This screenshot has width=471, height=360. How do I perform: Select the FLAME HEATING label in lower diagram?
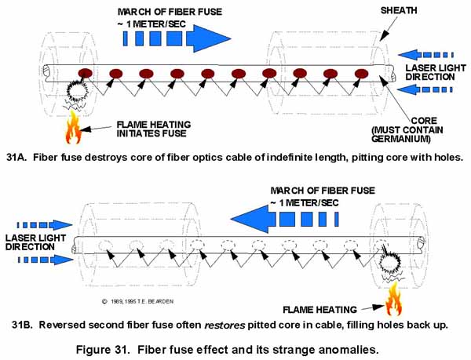pyautogui.click(x=322, y=307)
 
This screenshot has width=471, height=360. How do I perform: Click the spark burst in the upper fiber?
pyautogui.click(x=80, y=95)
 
